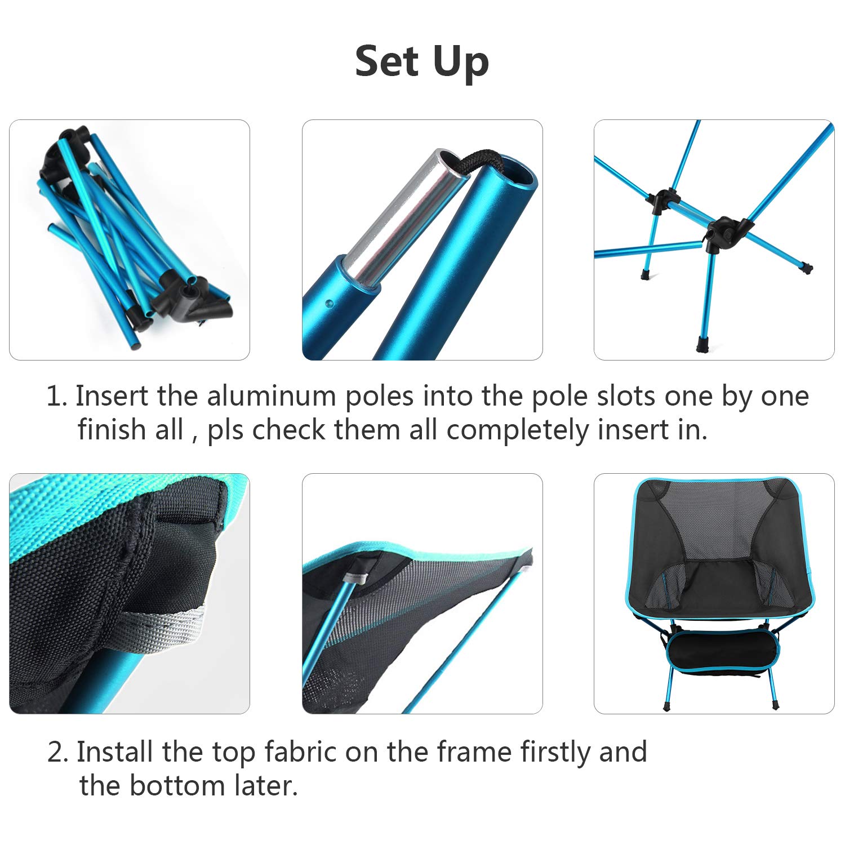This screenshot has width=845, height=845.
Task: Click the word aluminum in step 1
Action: (272, 396)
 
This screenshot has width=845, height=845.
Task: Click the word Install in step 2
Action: (115, 752)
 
